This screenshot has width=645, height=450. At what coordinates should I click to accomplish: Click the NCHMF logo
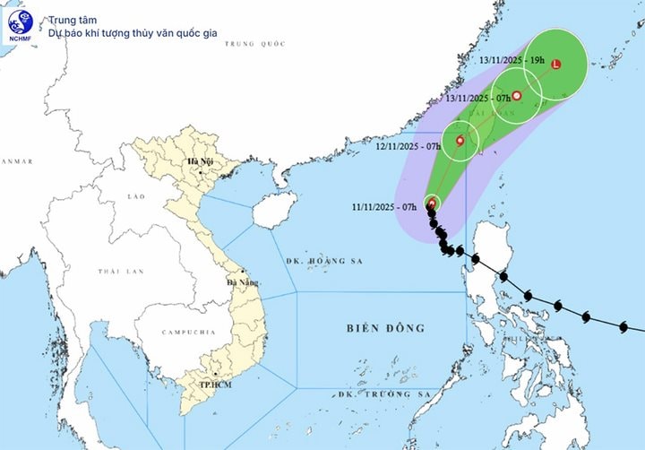20,25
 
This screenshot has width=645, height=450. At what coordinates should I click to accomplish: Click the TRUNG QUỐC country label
254,43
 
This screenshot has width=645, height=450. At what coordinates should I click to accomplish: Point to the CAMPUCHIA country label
188,333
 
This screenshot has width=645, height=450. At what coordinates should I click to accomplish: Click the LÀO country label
136,195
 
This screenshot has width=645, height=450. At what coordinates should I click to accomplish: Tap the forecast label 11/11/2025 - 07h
385,206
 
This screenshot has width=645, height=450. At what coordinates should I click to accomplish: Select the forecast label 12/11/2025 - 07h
408,145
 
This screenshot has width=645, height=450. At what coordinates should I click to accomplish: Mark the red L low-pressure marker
555,65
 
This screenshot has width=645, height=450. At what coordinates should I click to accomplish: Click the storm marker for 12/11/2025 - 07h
460,141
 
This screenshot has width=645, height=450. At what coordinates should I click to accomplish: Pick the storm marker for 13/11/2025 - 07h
516,95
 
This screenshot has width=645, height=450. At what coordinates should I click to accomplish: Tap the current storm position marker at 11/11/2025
432,203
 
